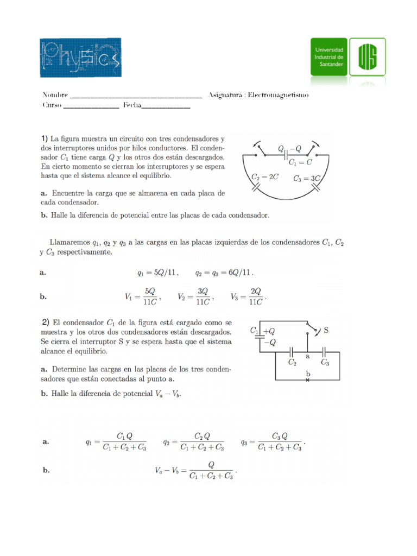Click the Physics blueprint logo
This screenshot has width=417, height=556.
pyautogui.click(x=80, y=58)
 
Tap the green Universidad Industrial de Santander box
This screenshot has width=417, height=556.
pyautogui.click(x=328, y=56)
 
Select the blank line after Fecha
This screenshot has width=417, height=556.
pyautogui.click(x=166, y=106)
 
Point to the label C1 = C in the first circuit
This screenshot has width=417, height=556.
pyautogui.click(x=300, y=162)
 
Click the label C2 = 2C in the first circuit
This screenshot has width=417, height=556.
pyautogui.click(x=264, y=178)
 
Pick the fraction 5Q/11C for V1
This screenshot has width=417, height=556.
pyautogui.click(x=148, y=297)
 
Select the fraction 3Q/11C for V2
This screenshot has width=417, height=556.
pyautogui.click(x=203, y=297)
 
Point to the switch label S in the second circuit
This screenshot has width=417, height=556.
pyautogui.click(x=326, y=330)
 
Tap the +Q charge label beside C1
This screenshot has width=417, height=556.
pyautogui.click(x=269, y=330)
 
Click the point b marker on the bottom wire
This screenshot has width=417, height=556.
pyautogui.click(x=308, y=379)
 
